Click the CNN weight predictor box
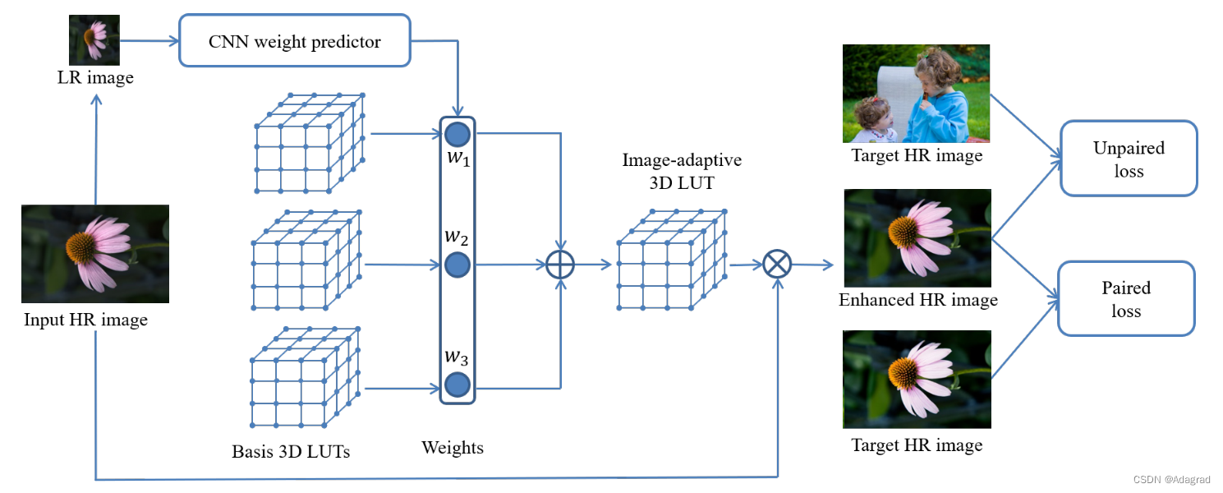pyautogui.click(x=294, y=41)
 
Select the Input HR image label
pyautogui.click(x=86, y=320)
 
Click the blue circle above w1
pyautogui.click(x=457, y=134)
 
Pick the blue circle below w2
pyautogui.click(x=457, y=265)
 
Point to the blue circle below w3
pyautogui.click(x=457, y=384)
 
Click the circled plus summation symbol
pyautogui.click(x=560, y=265)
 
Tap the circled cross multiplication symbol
pyautogui.click(x=776, y=264)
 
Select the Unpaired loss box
pyautogui.click(x=1129, y=159)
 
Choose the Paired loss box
pyautogui.click(x=1126, y=298)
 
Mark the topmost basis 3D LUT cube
pyautogui.click(x=308, y=142)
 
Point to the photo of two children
pyautogui.click(x=916, y=94)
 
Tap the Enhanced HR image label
pyautogui.click(x=917, y=300)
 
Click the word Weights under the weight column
pyautogui.click(x=453, y=448)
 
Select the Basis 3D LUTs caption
pyautogui.click(x=291, y=451)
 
